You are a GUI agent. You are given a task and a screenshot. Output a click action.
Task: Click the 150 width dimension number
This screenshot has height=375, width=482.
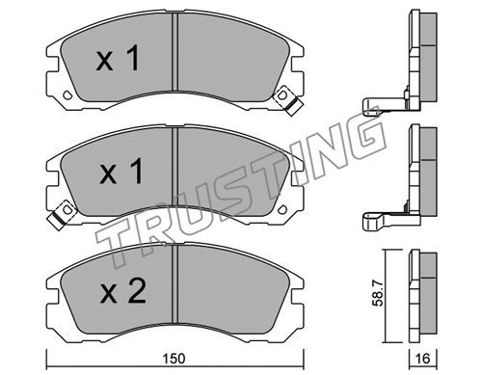click(x=174, y=359)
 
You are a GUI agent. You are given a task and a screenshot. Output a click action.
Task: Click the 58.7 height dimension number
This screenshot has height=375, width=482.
click(x=379, y=293)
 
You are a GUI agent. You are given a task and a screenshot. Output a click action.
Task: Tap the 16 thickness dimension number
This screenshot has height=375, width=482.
click(x=422, y=359)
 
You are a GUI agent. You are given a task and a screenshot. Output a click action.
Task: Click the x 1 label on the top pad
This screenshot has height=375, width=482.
click(x=118, y=58)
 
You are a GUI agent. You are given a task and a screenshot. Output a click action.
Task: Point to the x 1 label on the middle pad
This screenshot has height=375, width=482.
click(x=121, y=172)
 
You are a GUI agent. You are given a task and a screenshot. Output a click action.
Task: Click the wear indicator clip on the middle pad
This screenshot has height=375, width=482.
click(x=62, y=215)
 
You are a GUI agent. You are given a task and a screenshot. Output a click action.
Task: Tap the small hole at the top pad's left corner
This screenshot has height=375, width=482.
click(x=67, y=94)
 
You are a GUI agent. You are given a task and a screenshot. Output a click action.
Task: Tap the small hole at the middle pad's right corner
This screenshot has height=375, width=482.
click(x=282, y=209)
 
